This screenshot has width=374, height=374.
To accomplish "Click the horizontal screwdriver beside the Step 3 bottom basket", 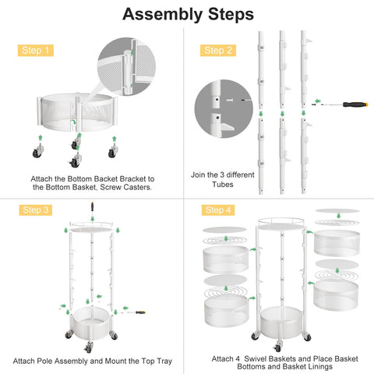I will tap(140, 312).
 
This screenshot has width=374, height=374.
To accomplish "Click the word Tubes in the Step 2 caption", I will tap(222, 185).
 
